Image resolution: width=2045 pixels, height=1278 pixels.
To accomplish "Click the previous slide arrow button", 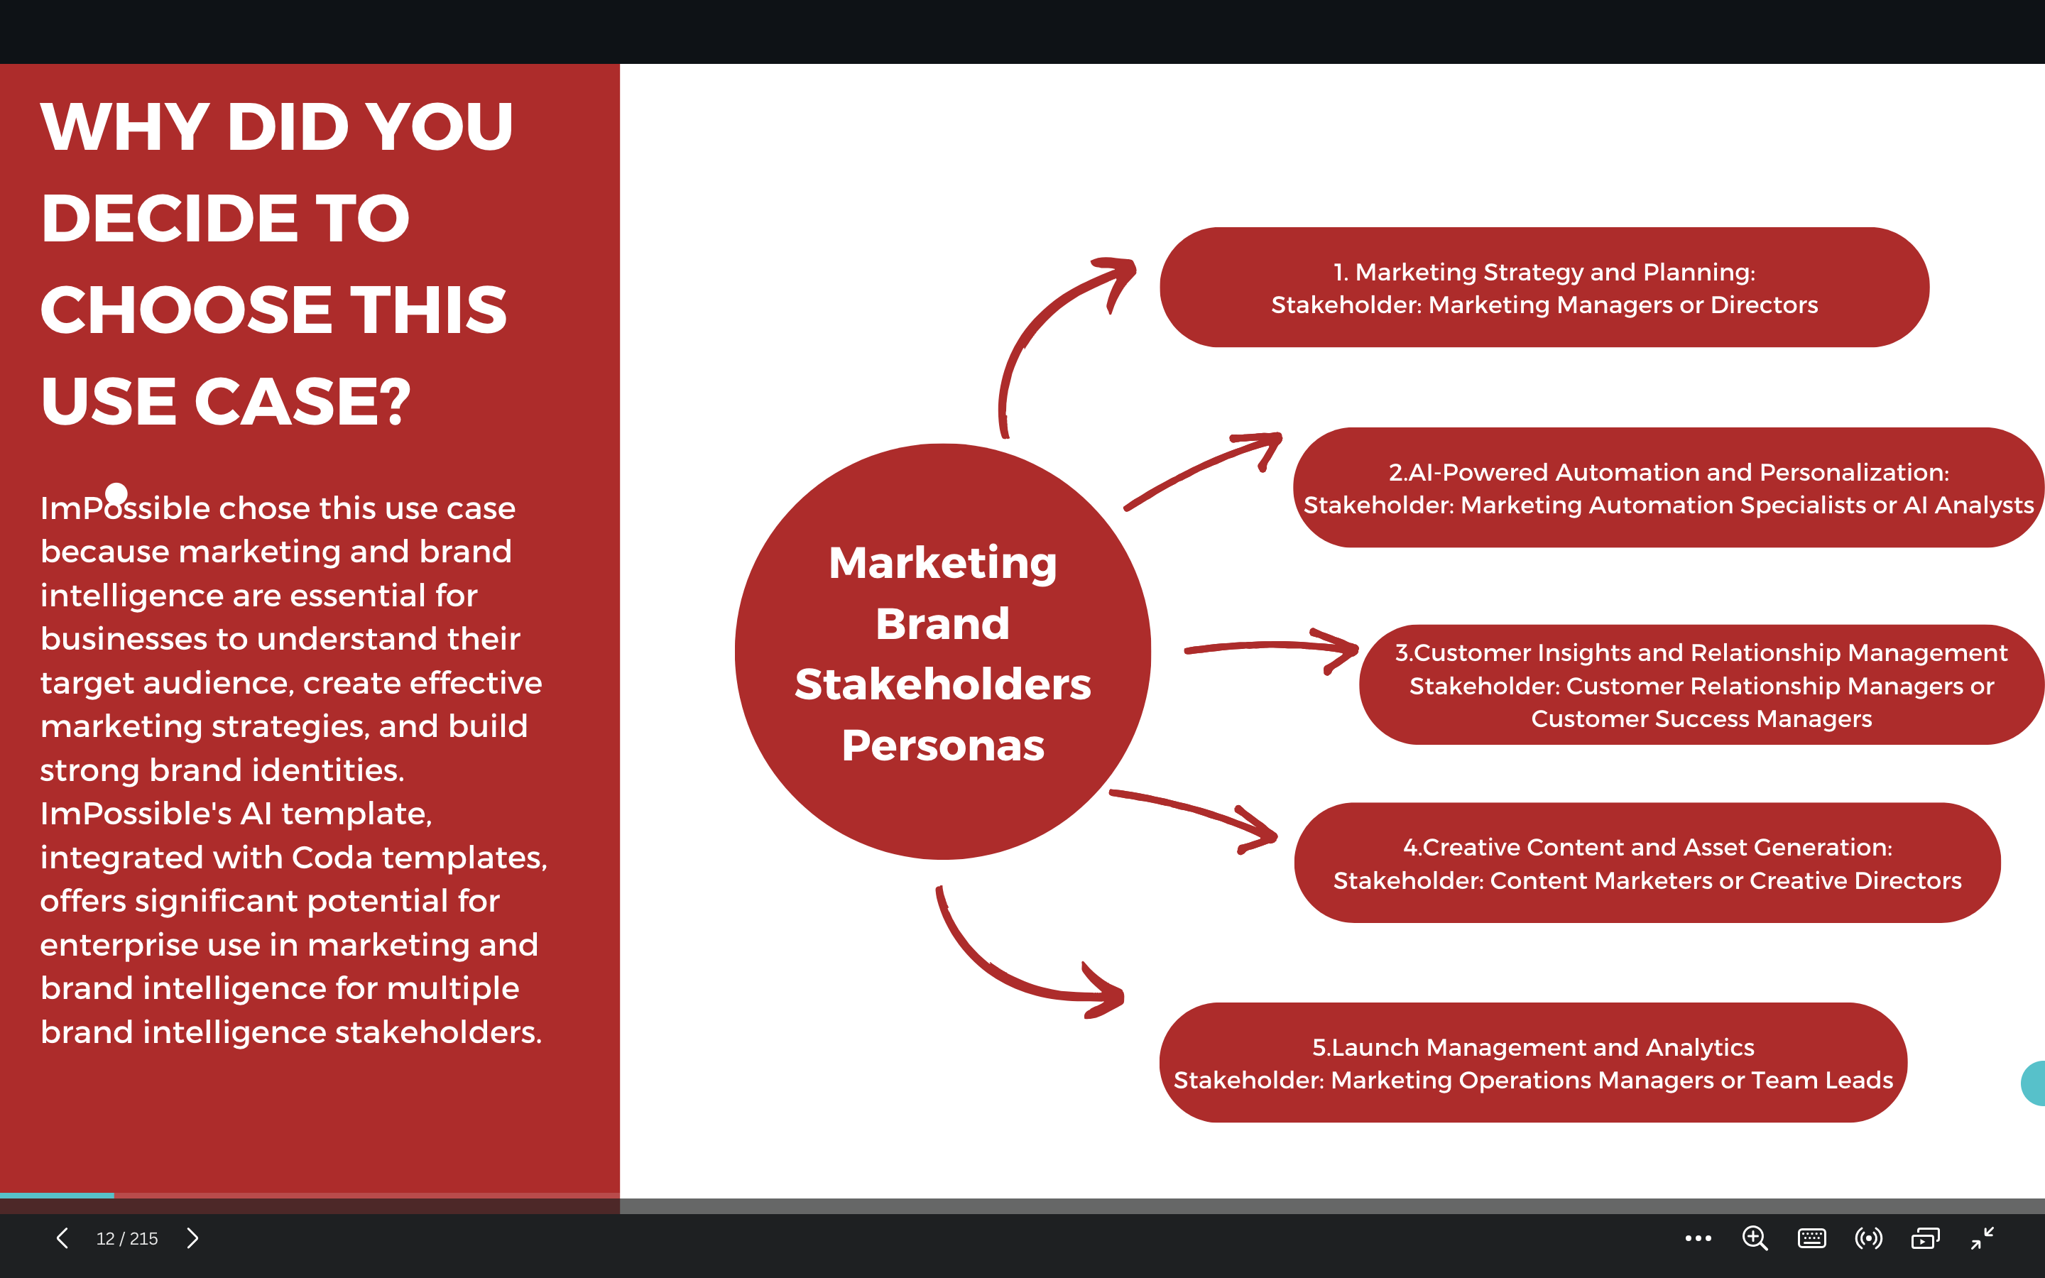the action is pos(62,1238).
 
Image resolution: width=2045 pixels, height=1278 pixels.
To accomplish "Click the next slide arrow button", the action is pos(192,1238).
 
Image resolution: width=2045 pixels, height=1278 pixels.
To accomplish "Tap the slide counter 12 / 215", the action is pos(127,1239).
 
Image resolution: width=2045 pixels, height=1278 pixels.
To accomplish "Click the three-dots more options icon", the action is pos(1698,1238).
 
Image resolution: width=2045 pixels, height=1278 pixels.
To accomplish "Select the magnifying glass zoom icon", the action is pos(1755,1238).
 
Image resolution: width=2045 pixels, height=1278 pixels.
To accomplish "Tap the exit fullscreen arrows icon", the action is pos(1983,1238).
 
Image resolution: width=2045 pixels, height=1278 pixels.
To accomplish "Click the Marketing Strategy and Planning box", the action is pos(1544,288).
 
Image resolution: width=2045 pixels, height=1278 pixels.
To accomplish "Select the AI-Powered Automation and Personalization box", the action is pos(1668,488).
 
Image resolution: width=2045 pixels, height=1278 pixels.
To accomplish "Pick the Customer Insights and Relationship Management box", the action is pos(1701,684).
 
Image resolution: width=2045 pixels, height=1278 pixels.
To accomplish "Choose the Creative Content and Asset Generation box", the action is pos(1647,863).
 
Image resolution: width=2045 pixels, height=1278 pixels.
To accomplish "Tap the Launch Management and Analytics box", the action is pos(1533,1062).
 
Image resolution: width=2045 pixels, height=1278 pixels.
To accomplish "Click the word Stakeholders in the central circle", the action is pos(943,684).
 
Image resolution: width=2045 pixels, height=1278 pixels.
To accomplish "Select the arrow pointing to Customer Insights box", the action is pos(1271,647).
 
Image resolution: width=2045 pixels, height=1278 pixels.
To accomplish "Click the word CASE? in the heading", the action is pos(302,400).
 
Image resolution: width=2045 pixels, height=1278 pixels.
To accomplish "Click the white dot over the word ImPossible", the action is pos(116,493).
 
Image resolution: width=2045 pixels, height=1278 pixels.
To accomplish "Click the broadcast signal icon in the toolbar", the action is pos(1868,1238).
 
